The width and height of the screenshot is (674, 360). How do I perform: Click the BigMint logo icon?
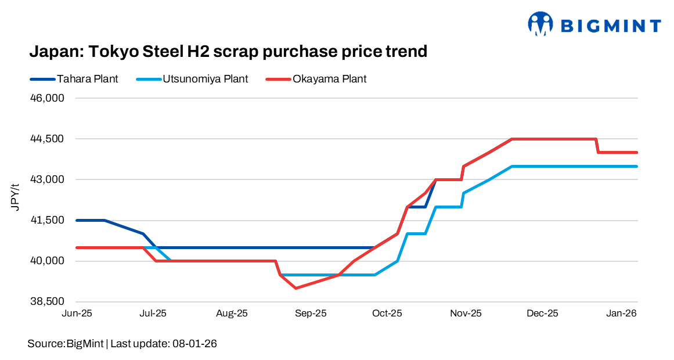540,24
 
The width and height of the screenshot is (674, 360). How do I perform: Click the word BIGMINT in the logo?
610,26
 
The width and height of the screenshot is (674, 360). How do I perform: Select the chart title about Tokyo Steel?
228,52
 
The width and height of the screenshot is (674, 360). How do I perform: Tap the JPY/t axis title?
17,197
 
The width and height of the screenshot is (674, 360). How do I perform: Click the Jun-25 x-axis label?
77,314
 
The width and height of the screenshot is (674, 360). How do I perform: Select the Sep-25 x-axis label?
311,314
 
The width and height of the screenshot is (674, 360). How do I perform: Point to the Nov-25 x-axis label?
466,314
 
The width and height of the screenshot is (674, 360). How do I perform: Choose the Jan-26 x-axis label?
622,314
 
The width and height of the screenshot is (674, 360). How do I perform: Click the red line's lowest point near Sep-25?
296,288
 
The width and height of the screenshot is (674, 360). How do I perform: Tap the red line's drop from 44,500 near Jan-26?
597,146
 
